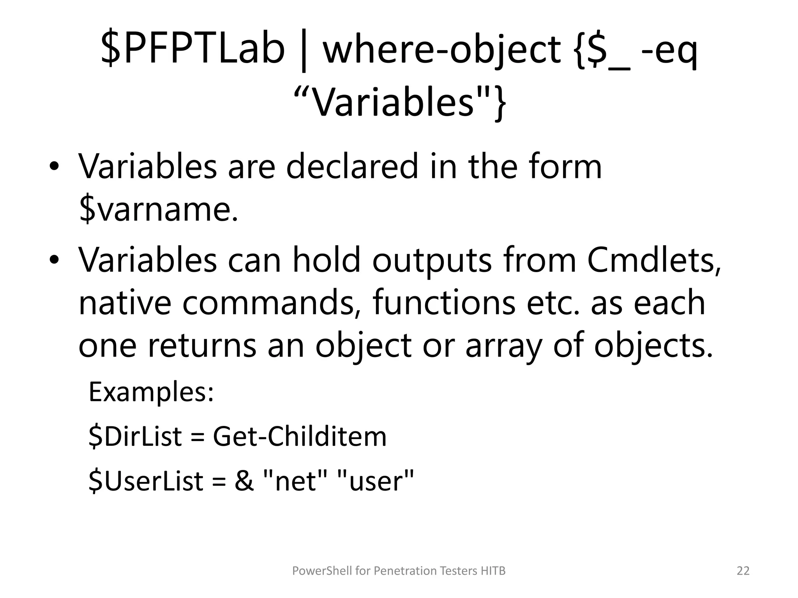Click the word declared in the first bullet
coord(352,167)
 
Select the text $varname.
coord(158,209)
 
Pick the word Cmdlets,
coord(654,260)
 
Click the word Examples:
coord(151,392)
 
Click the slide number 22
coord(743,571)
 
